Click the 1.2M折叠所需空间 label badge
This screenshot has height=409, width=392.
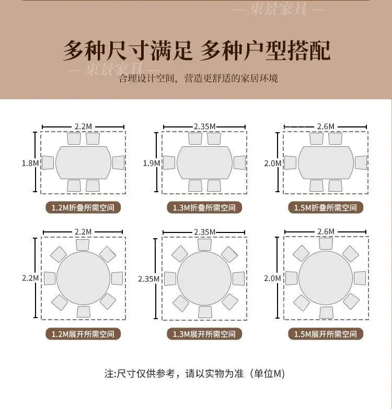click(x=83, y=207)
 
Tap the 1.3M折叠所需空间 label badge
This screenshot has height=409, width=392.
click(x=204, y=207)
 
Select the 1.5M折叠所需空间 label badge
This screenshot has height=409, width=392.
click(x=326, y=207)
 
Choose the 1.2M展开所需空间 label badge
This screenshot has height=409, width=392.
click(x=83, y=334)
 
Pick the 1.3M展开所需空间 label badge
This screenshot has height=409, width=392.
click(x=204, y=334)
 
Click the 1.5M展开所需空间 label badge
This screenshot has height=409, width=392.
click(x=326, y=334)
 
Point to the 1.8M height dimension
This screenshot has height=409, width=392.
click(x=30, y=163)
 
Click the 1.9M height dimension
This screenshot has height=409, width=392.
click(x=152, y=163)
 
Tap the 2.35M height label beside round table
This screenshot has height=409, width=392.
click(x=149, y=279)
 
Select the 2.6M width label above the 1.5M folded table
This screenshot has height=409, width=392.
click(x=326, y=126)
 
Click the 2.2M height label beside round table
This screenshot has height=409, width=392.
click(x=30, y=278)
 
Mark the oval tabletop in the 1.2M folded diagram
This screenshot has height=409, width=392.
click(x=83, y=162)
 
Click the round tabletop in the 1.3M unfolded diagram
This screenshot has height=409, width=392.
click(x=204, y=278)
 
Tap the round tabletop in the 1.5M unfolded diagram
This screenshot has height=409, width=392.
click(x=326, y=278)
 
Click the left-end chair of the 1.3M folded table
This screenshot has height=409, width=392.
click(x=169, y=162)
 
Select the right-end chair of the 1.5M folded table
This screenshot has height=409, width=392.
click(x=361, y=162)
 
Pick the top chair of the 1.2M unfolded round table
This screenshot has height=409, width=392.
click(x=83, y=245)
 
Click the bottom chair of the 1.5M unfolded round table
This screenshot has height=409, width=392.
click(x=326, y=312)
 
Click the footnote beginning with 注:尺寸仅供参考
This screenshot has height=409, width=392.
click(x=195, y=373)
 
